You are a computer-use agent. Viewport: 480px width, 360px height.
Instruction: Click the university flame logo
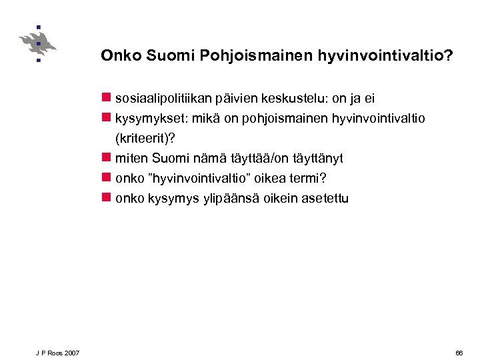coord(38,44)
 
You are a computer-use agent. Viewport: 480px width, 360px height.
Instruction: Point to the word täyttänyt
coord(317,159)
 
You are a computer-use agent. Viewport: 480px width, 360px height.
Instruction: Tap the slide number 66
coord(459,352)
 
